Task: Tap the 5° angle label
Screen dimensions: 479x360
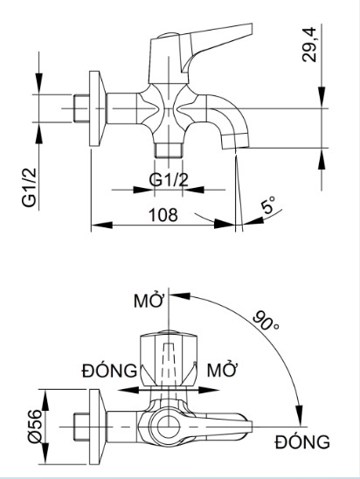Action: (268, 207)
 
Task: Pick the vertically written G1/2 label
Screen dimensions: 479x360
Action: (28, 188)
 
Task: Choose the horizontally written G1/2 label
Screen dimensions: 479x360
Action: (169, 181)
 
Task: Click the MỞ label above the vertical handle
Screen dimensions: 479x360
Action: (149, 302)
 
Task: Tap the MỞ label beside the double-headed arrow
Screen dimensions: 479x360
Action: (223, 368)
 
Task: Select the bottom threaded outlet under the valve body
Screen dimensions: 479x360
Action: (168, 148)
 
